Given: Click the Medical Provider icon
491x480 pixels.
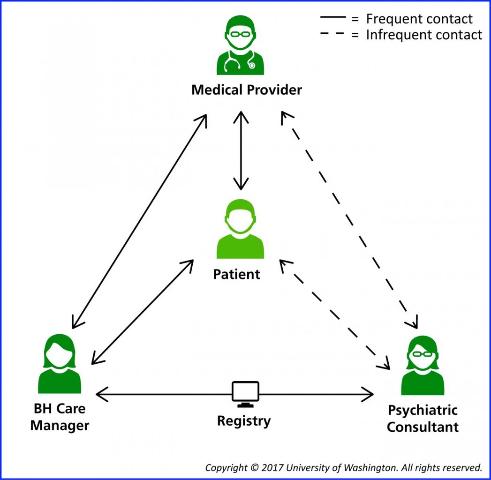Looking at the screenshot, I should click(240, 45).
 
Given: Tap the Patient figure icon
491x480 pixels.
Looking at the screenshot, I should click(240, 230).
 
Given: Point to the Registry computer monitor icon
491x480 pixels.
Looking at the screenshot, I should click(245, 393).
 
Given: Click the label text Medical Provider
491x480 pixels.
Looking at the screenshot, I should click(247, 90).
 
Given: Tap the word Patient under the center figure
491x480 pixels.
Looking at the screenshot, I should click(236, 274).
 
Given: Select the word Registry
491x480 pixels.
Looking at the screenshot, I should click(244, 421).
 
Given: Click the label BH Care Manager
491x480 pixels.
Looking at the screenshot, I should click(60, 417).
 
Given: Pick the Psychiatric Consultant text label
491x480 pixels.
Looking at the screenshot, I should click(423, 419).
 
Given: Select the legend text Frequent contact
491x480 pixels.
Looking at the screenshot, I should click(419, 19).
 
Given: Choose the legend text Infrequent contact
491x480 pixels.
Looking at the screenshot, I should click(424, 35).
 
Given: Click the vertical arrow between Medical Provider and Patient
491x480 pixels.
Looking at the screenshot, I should click(241, 150).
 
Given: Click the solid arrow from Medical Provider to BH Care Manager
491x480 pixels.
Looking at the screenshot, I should click(139, 221).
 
